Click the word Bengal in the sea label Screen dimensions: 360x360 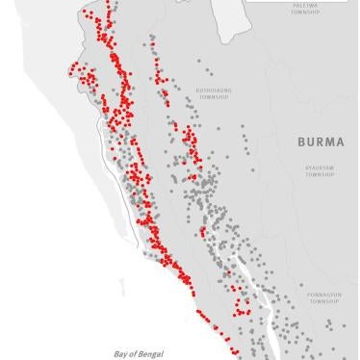pos(145,354)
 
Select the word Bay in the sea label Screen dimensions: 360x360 pos(118,354)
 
